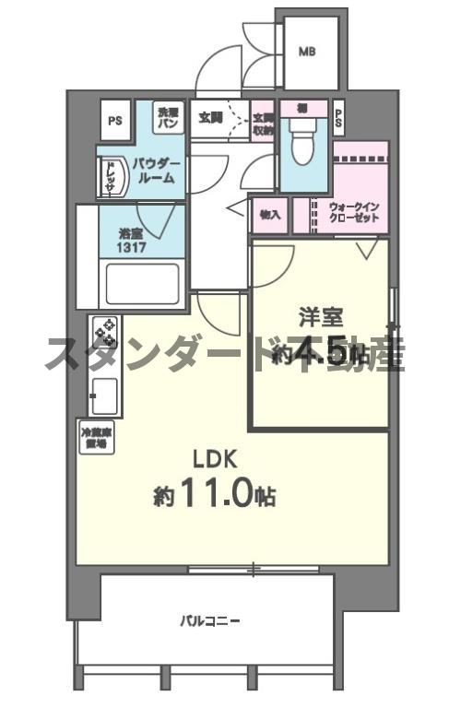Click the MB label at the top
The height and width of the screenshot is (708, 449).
[x=306, y=52]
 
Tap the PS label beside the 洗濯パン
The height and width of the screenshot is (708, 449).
[x=115, y=120]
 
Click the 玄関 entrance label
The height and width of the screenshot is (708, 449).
[x=210, y=118]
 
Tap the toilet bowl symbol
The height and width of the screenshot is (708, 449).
[x=300, y=143]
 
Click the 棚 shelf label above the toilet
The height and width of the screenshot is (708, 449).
[x=301, y=108]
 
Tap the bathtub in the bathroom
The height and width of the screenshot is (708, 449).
[x=141, y=284]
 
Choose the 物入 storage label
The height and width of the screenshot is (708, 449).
[x=270, y=215]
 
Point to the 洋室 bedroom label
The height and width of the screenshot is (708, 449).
[x=321, y=318]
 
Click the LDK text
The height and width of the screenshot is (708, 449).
[x=216, y=458]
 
